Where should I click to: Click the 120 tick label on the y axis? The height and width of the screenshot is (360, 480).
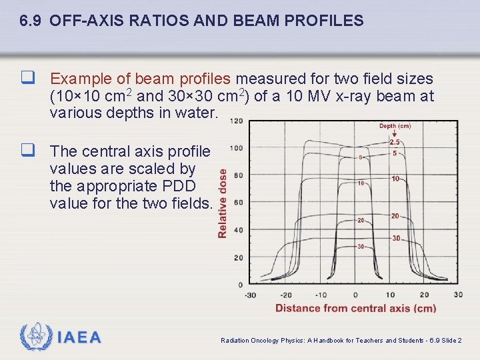(x=236, y=121)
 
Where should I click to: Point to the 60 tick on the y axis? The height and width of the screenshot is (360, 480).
(x=239, y=203)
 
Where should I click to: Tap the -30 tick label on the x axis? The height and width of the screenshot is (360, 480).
(x=250, y=295)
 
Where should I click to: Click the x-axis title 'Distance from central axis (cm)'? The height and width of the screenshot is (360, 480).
(x=355, y=308)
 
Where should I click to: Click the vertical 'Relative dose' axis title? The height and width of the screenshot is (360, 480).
(x=223, y=203)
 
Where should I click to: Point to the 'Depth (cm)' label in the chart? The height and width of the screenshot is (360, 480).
(x=395, y=126)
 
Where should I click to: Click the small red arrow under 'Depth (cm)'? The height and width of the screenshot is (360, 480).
(x=395, y=135)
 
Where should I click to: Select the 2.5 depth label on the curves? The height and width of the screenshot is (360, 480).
(x=395, y=143)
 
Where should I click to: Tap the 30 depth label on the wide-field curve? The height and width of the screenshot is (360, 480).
(x=396, y=238)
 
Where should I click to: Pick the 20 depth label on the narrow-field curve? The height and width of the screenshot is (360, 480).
(x=360, y=221)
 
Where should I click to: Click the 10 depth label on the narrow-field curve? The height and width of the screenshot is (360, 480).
(x=360, y=183)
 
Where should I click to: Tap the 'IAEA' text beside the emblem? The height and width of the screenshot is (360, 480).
(x=79, y=338)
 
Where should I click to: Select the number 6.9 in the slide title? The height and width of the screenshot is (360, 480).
(x=31, y=21)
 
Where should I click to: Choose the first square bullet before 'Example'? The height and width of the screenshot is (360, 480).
(x=28, y=79)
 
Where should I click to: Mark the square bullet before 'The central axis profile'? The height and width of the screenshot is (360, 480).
(x=28, y=152)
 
